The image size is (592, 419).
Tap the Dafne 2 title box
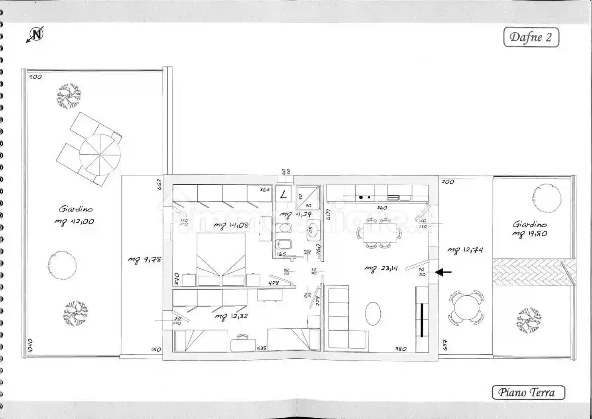tap(531, 38)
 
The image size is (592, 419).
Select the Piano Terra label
tap(528, 393)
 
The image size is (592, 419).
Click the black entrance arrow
tap(443, 272)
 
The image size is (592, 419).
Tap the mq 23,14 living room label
tap(381, 269)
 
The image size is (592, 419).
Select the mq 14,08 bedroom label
tap(231, 226)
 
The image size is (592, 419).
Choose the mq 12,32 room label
tap(231, 316)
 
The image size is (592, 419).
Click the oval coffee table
tap(373, 313)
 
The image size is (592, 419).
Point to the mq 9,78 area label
tap(144, 259)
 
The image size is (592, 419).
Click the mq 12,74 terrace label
tap(465, 250)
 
